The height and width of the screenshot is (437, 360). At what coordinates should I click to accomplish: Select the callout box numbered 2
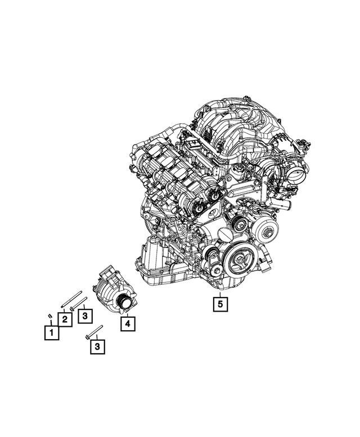65,319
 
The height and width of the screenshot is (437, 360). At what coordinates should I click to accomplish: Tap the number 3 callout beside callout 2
84,317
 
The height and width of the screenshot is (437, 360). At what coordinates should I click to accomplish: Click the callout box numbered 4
128,323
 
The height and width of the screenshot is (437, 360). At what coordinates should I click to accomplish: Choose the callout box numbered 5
219,304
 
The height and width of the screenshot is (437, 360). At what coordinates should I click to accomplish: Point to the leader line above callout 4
128,313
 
